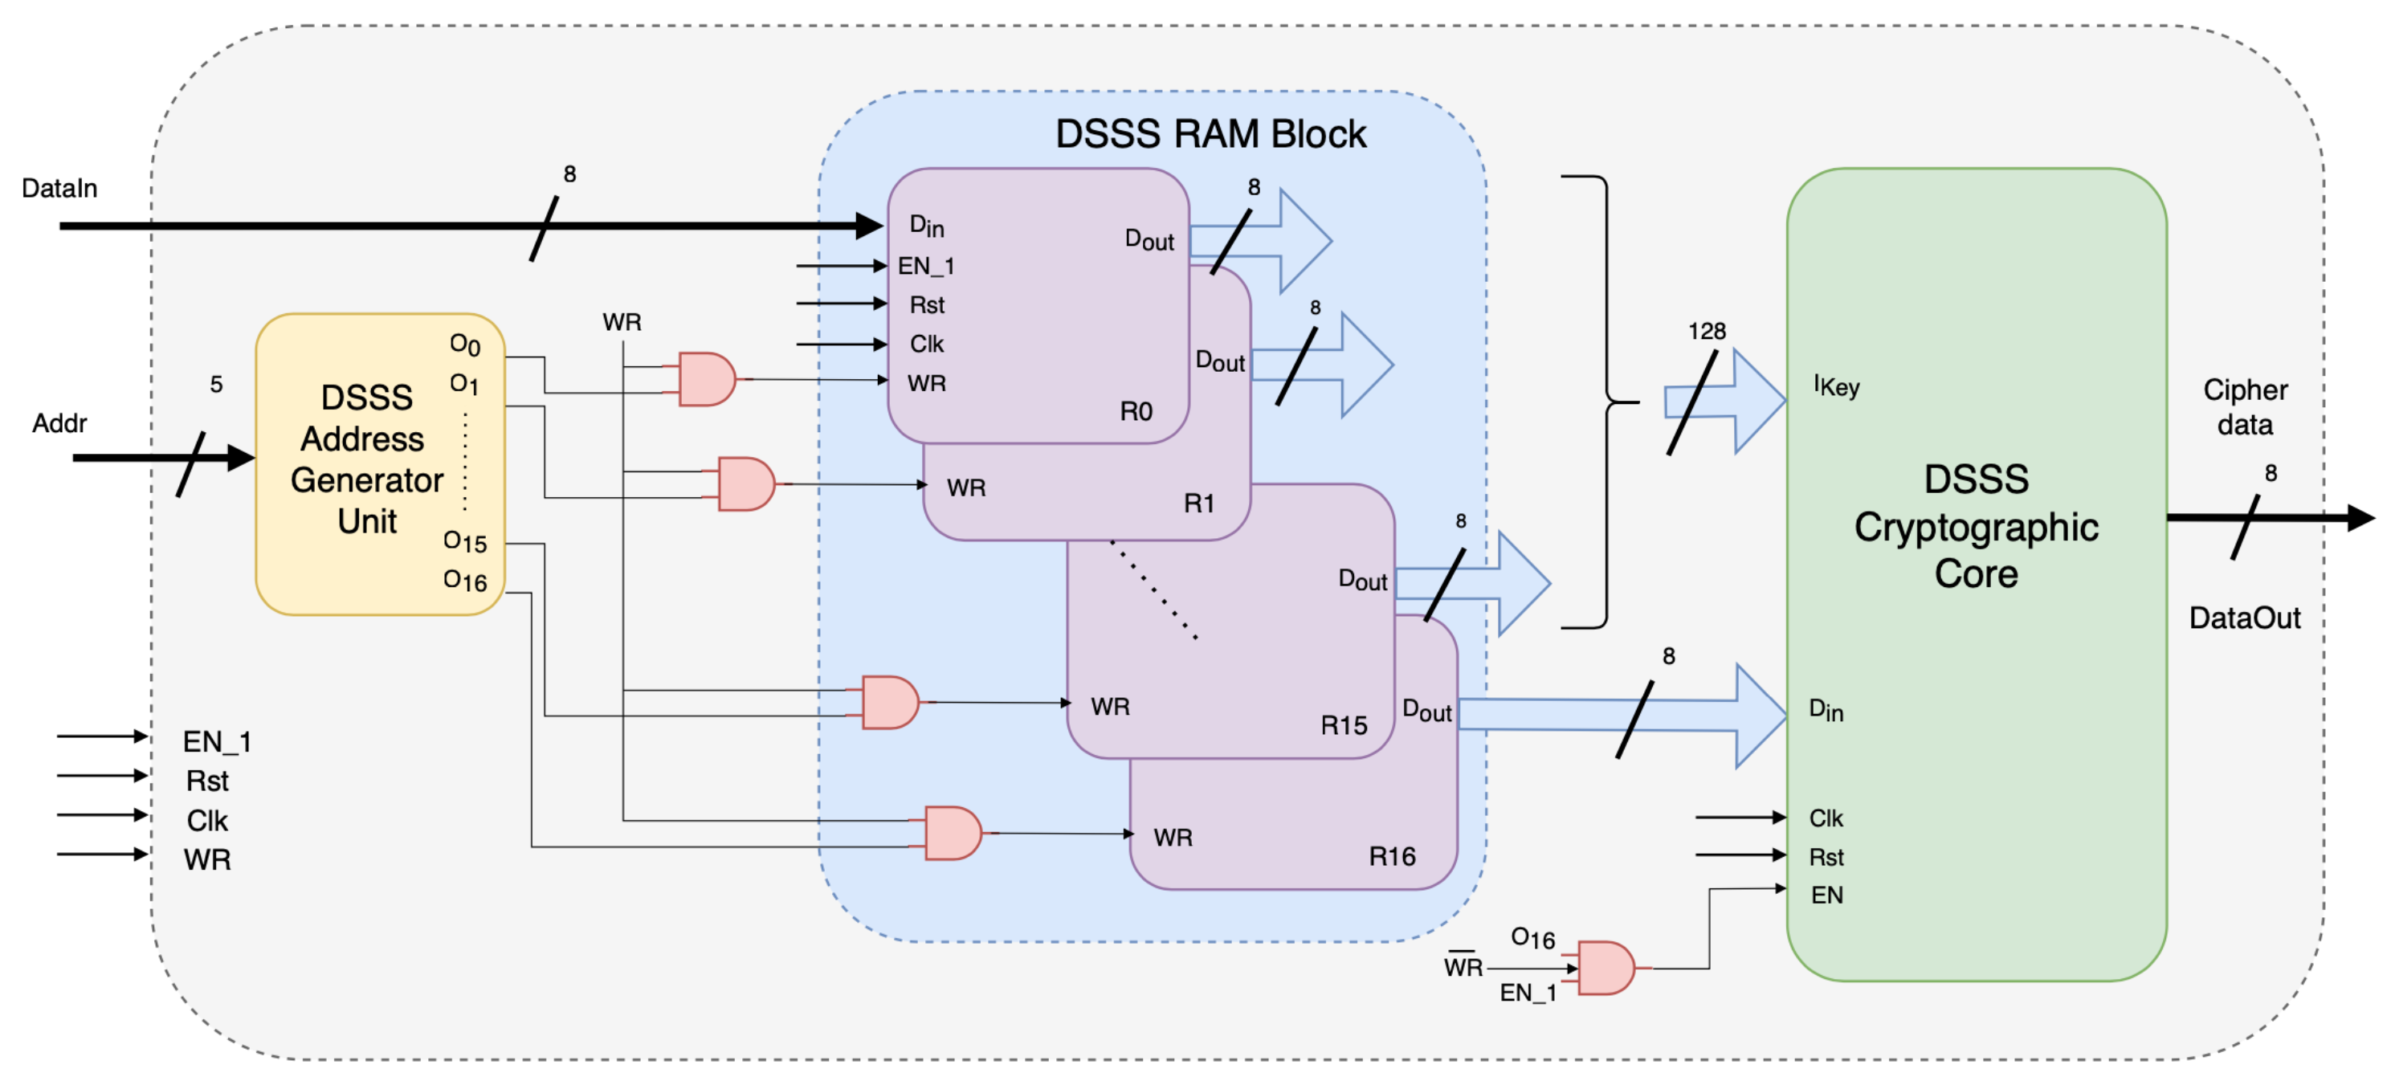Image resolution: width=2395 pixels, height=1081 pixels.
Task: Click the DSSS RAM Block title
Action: tap(1210, 134)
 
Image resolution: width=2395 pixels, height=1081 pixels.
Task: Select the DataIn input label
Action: tap(59, 188)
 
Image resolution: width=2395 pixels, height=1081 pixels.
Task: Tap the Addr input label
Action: tap(59, 423)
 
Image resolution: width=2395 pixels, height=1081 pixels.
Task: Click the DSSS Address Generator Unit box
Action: tap(367, 460)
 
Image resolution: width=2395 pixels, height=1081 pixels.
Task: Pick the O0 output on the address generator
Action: tap(465, 345)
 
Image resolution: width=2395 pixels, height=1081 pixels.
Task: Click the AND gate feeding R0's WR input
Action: tap(706, 379)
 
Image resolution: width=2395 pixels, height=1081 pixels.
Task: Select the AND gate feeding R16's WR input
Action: tap(952, 833)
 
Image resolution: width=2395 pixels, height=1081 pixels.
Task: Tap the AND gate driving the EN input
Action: tap(1606, 968)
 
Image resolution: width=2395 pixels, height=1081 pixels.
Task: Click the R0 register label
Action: tap(1135, 411)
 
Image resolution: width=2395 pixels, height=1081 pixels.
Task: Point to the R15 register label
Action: tap(1344, 725)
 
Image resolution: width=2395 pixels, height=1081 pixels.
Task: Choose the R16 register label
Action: tap(1392, 856)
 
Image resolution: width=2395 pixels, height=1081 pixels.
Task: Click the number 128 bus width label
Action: tap(1706, 331)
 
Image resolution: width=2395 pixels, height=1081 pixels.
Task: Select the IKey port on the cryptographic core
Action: tap(1836, 385)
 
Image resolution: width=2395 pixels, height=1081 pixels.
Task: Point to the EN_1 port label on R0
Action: tap(925, 266)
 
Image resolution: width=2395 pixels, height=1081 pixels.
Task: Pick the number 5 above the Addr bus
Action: tap(216, 384)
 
